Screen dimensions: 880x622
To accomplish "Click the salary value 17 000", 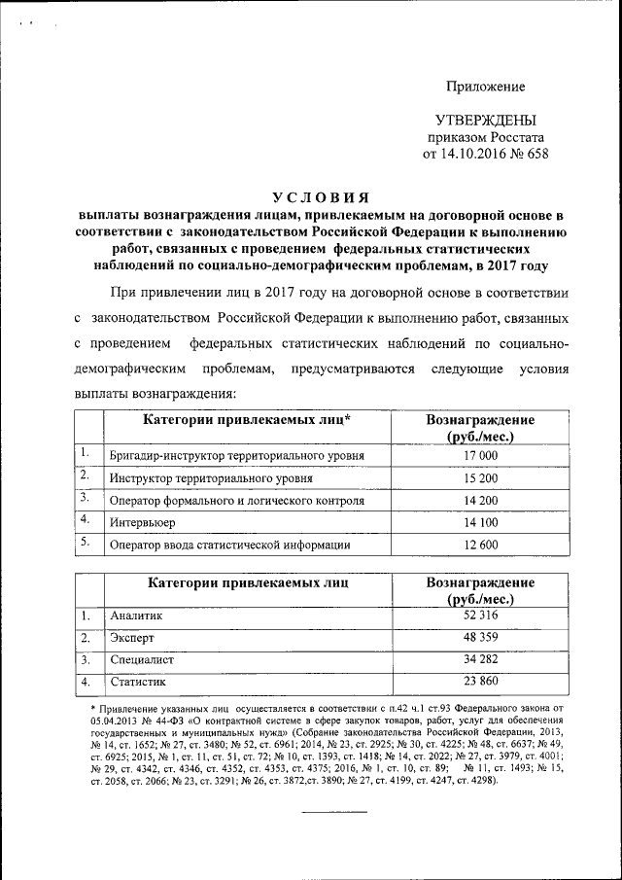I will [x=481, y=455].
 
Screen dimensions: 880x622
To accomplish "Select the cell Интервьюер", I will [x=143, y=523].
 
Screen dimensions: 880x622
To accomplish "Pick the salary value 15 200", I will [x=481, y=478].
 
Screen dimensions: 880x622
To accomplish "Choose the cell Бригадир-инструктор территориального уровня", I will [x=237, y=455].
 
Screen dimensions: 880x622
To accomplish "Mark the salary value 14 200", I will [x=481, y=501].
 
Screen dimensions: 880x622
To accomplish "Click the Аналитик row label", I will [x=137, y=616].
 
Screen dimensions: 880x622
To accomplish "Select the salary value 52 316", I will [x=481, y=616].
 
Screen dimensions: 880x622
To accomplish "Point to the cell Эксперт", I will [x=133, y=638].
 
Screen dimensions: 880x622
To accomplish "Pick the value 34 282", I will [x=481, y=660].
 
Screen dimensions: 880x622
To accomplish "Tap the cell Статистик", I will [x=139, y=683].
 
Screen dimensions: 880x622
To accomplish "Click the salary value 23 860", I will [x=481, y=683].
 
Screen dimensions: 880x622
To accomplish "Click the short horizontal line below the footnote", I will [x=333, y=811].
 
